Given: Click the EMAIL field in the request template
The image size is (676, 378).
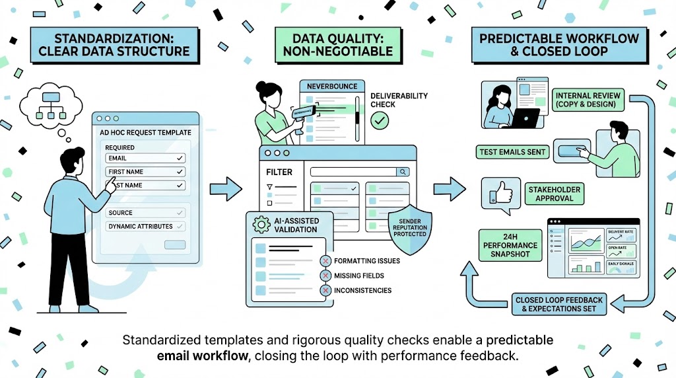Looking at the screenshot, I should coord(145,159).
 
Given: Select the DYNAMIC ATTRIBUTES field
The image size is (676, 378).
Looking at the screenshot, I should coord(145,227).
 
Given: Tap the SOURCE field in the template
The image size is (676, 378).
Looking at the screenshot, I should coord(145,213).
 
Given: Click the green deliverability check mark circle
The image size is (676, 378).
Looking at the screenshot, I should coord(380,120).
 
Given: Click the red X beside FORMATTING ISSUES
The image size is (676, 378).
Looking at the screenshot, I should coord(324,261).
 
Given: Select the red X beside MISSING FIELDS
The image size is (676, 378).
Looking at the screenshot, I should coord(324,276).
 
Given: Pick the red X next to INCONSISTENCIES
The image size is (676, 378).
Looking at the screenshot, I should coord(324,290).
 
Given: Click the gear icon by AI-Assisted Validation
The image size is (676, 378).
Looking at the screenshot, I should coord(262,225).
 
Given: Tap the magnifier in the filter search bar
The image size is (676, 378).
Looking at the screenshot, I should coord(402,172).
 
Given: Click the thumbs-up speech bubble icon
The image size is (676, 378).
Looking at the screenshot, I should coord(498,194).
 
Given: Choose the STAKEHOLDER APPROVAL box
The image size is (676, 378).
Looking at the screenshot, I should coord(554,194).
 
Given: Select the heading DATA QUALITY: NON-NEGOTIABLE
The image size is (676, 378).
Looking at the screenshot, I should coord(338,44).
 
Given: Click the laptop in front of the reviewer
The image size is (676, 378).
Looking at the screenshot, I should coord(525,120).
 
